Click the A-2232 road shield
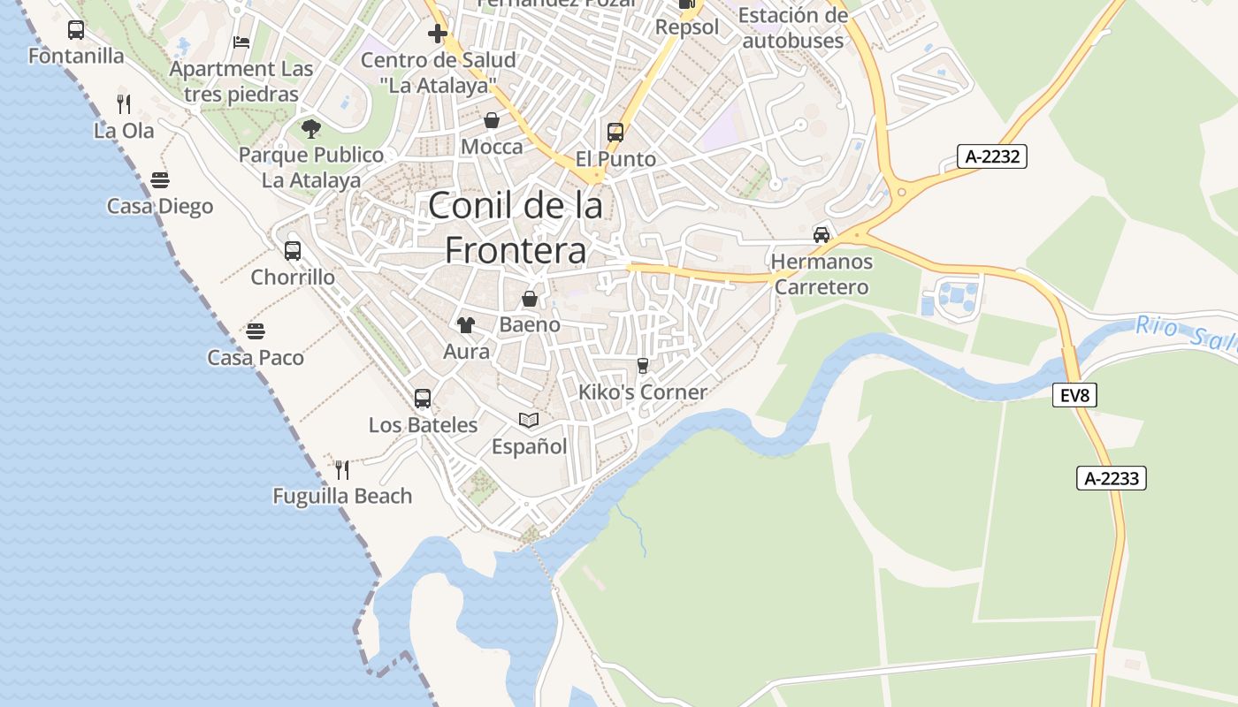tap(991, 157)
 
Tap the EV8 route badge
tap(1074, 395)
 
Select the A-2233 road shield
tap(1112, 478)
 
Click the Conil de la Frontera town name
tap(516, 228)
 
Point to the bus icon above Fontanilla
tap(76, 30)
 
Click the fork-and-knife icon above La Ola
tap(124, 104)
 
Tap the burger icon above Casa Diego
tap(160, 180)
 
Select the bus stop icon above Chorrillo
tap(293, 251)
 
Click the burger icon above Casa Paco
tap(256, 331)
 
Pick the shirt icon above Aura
tap(466, 325)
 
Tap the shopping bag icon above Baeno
tap(530, 299)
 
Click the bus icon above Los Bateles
tap(423, 399)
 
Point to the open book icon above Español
tap(529, 420)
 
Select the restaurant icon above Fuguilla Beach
tap(342, 469)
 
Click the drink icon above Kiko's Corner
tap(643, 366)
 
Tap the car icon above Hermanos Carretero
tap(822, 235)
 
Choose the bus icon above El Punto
tap(615, 133)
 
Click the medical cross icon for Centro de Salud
tap(438, 34)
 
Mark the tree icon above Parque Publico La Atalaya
tap(310, 129)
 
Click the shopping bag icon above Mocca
tap(492, 120)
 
